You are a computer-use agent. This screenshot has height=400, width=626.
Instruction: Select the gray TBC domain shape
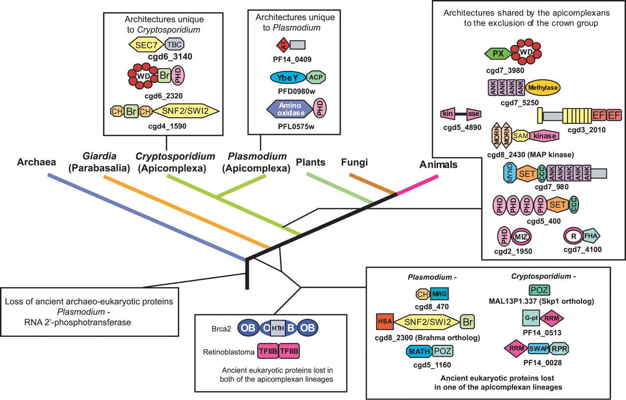[175, 44]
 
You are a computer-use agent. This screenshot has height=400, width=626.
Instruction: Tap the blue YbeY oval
[288, 78]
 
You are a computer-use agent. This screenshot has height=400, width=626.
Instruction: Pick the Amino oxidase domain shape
[290, 109]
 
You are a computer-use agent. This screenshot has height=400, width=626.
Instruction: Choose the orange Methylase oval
[543, 88]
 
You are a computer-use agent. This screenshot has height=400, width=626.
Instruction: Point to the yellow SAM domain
[521, 136]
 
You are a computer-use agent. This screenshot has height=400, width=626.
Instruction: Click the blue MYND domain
[510, 173]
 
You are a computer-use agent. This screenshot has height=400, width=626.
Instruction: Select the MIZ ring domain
[521, 237]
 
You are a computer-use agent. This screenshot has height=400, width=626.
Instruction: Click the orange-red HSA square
[385, 321]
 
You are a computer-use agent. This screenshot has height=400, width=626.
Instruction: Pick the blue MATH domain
[419, 351]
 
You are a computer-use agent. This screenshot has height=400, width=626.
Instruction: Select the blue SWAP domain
[538, 349]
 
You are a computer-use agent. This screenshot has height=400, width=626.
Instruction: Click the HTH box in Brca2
[278, 328]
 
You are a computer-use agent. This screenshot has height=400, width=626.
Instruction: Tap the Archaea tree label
[36, 162]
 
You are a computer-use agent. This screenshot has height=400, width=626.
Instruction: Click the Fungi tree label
[355, 162]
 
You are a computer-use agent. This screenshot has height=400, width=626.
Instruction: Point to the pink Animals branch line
[418, 185]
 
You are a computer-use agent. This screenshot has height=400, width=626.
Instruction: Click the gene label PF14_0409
[292, 59]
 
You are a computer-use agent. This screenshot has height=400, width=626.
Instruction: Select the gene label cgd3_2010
[586, 130]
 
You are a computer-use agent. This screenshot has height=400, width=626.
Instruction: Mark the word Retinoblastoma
[228, 352]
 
